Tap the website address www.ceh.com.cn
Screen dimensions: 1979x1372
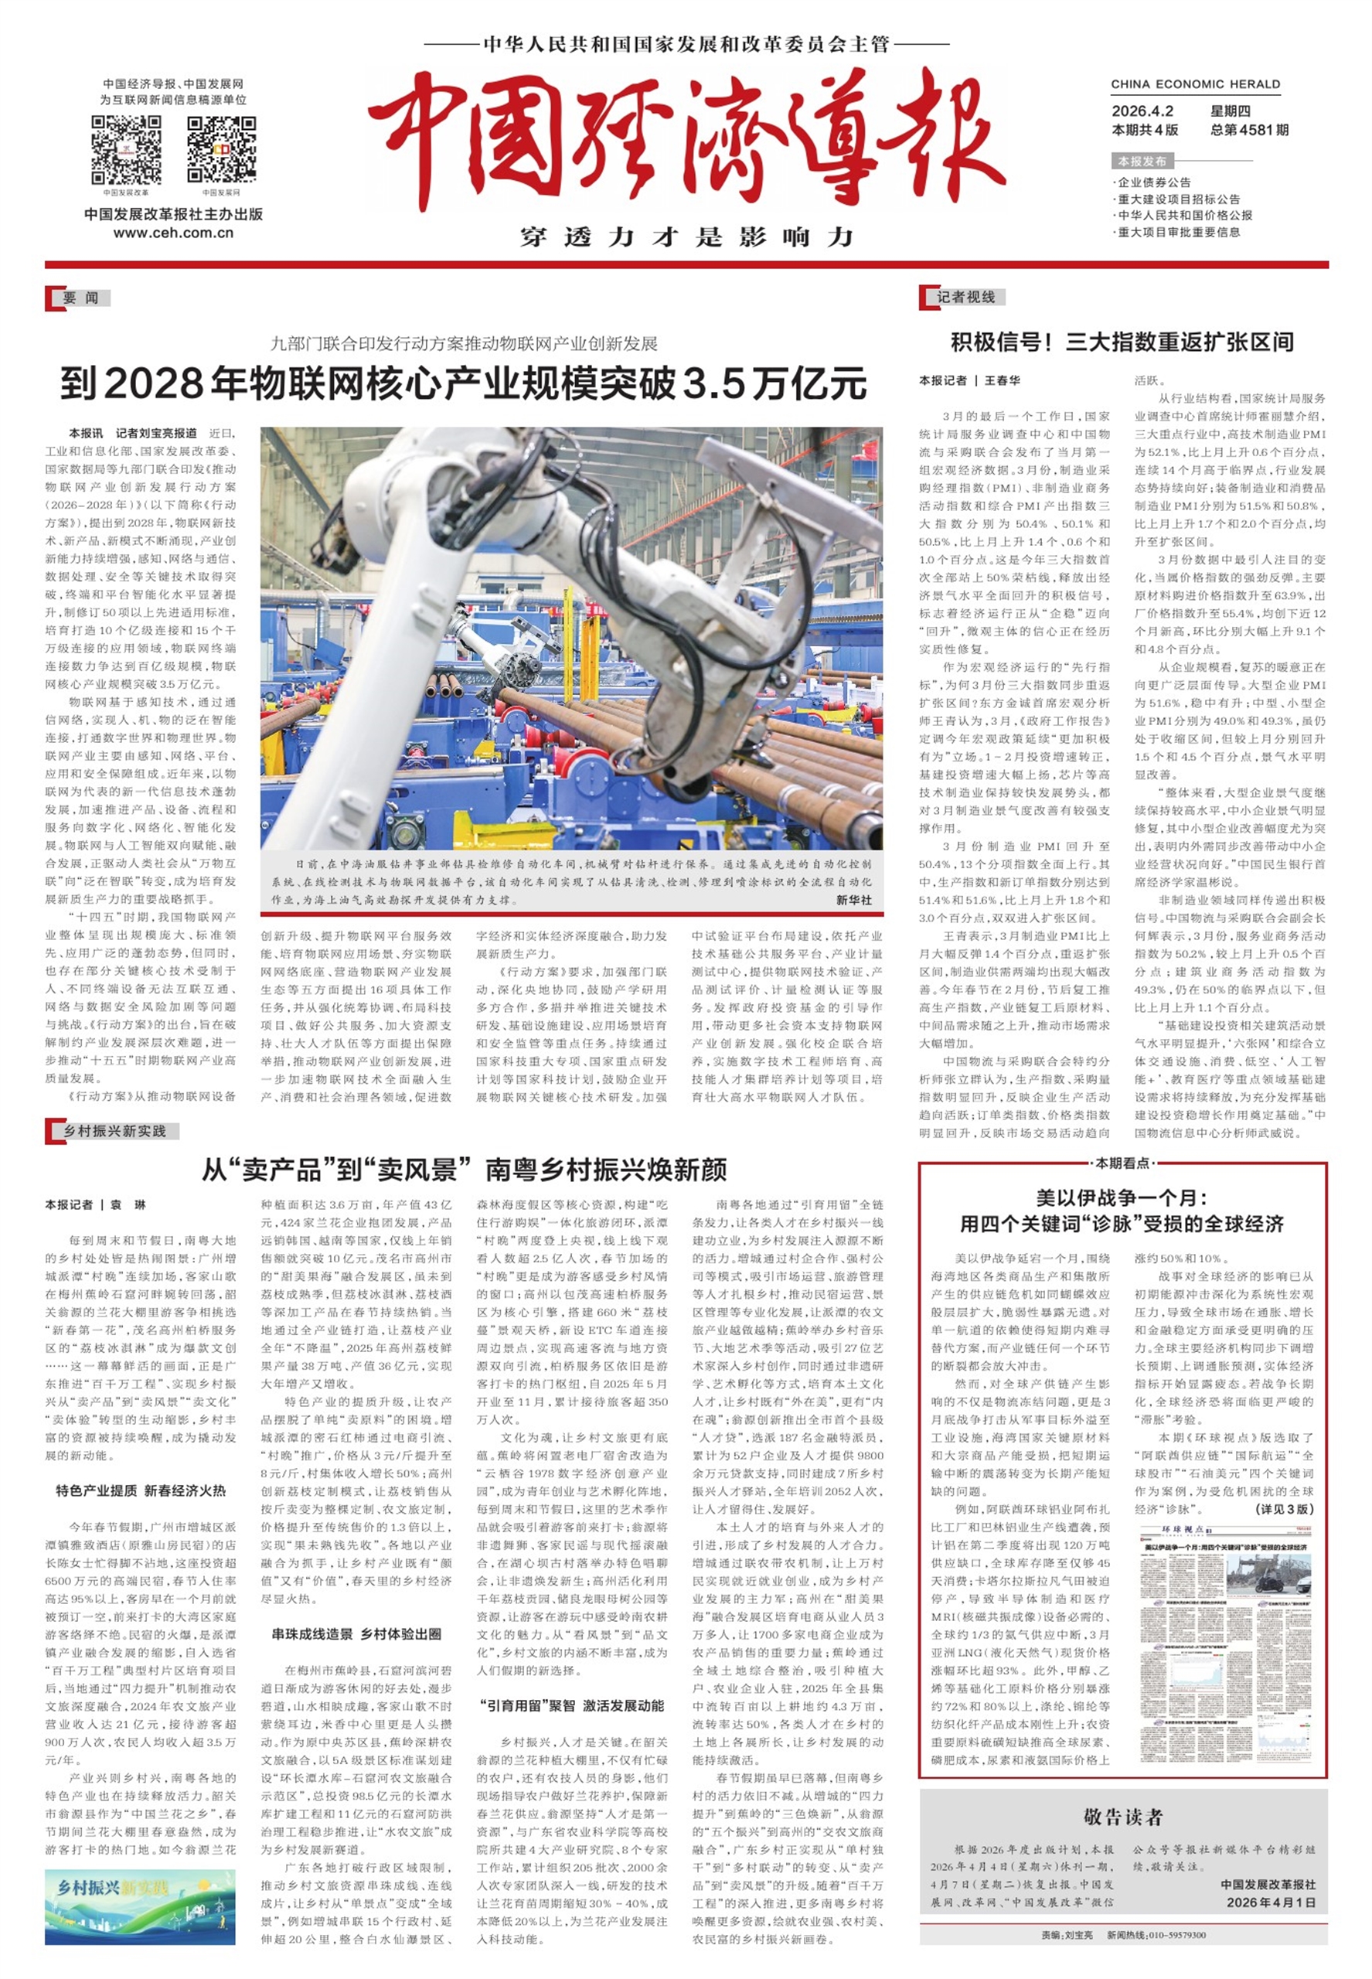coord(173,233)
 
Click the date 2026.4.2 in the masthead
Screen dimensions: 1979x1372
coord(1142,111)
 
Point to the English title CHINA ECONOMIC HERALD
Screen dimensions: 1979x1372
coord(1195,84)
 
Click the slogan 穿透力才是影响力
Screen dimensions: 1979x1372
coord(686,237)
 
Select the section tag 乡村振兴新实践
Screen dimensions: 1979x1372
coord(114,1130)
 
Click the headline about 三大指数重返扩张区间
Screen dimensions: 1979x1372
coord(1122,342)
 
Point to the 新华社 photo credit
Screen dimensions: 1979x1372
coord(853,899)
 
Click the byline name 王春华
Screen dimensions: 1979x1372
coord(1003,380)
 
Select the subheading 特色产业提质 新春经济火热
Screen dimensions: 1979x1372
coord(141,1490)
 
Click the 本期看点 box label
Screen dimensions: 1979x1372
coord(1122,1163)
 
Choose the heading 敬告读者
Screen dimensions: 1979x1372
coord(1122,1817)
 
